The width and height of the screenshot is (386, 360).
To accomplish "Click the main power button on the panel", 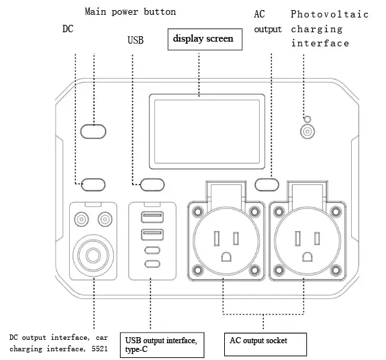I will pos(94,130).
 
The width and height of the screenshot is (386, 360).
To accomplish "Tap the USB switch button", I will pos(152,183).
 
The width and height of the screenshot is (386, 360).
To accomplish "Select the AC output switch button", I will pos(267,183).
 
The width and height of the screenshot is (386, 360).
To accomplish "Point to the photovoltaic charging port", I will pos(307,132).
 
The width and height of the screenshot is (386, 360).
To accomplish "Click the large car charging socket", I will pos(94,256).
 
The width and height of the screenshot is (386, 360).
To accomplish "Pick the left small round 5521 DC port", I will pos(83,219).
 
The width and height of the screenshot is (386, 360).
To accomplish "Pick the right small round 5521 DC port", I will pos(105,219).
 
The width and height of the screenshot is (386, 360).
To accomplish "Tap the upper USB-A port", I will pos(152,217).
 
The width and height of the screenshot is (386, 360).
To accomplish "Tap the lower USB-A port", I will pos(152,234).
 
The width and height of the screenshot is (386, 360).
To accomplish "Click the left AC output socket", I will pos(226,241).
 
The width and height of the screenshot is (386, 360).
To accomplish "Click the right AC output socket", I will pos(307,241).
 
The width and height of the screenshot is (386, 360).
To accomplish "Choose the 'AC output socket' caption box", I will pos(265,344).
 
